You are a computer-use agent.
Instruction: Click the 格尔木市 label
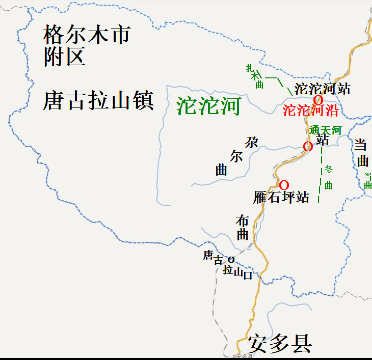point(87,35)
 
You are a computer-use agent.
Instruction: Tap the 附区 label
point(64,57)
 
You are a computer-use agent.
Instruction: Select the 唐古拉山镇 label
point(98,100)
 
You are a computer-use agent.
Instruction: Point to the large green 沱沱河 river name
point(208,106)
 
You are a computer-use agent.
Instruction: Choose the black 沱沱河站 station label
point(323,89)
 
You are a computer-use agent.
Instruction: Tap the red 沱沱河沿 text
point(310,110)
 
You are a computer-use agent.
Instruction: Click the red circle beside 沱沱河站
point(318,100)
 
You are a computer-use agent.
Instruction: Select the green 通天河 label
point(325,130)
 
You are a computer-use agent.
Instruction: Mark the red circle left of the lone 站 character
point(308,147)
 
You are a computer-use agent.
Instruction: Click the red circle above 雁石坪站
point(284,184)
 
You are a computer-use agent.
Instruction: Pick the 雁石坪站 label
point(281,197)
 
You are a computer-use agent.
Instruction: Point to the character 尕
point(252,143)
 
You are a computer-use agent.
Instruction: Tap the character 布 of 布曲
point(243,220)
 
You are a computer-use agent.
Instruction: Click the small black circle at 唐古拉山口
point(231,259)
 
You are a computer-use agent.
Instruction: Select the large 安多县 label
point(279,344)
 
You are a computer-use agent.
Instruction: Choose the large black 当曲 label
point(362,153)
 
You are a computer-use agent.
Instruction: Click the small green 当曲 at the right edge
point(367,181)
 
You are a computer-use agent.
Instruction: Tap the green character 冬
point(329,168)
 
